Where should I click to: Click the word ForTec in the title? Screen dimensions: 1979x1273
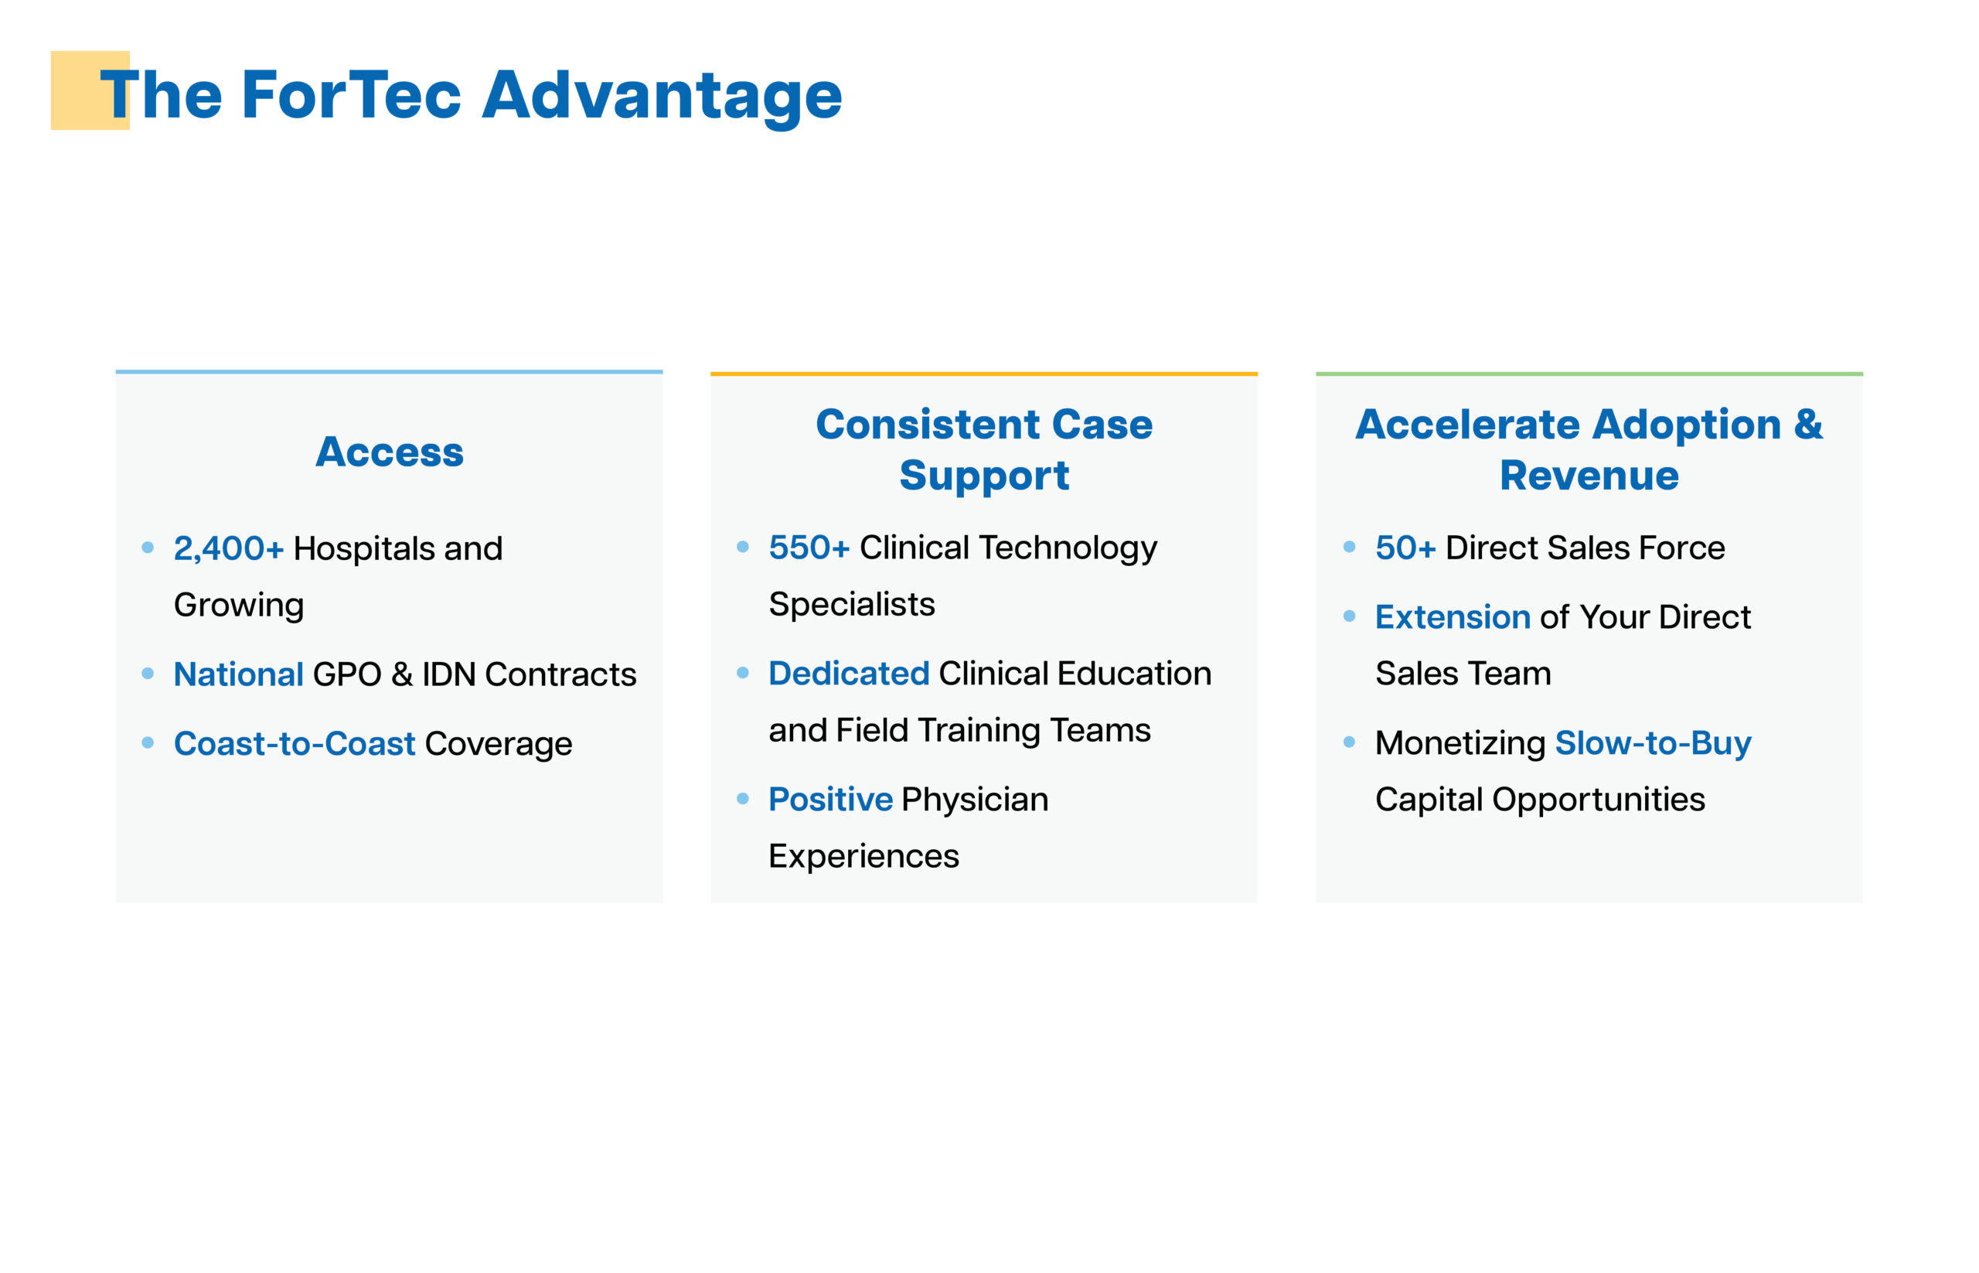[351, 95]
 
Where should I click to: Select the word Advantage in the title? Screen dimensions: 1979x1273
[662, 97]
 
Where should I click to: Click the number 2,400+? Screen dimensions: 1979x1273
[229, 548]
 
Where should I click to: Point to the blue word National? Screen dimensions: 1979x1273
[239, 674]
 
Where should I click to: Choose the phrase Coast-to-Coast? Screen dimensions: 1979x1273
[295, 744]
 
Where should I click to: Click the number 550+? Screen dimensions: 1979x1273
[809, 548]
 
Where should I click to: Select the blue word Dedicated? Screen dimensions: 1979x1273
[849, 674]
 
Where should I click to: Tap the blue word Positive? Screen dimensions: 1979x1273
[830, 800]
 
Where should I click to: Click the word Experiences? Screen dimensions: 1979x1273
[863, 856]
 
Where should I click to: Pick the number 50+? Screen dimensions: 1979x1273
[1405, 548]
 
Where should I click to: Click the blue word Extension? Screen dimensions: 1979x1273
[1453, 617]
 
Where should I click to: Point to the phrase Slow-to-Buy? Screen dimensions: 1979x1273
[1653, 743]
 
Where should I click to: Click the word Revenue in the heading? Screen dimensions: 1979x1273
[1589, 476]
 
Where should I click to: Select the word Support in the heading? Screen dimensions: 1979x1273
[984, 477]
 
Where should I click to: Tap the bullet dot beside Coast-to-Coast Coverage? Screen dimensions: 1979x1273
[148, 743]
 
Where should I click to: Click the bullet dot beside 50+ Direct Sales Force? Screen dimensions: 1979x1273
[1350, 546]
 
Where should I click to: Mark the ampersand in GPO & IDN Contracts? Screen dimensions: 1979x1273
[401, 674]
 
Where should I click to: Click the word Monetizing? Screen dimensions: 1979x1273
[1460, 744]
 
